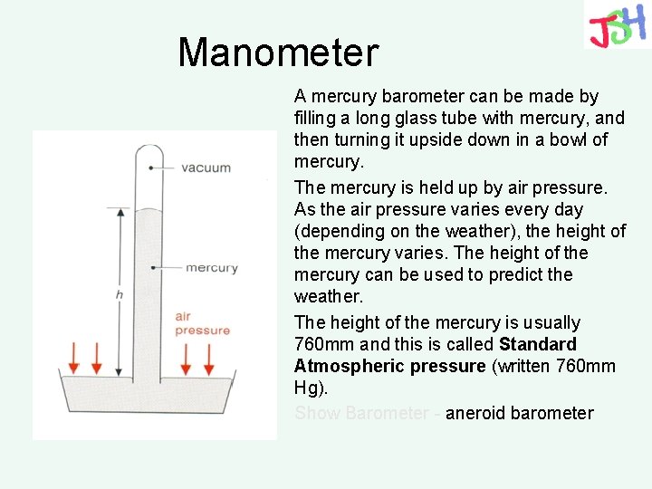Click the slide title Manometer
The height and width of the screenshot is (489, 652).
pyautogui.click(x=278, y=53)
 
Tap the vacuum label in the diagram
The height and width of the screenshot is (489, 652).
pyautogui.click(x=206, y=168)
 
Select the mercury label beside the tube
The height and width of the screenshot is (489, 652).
pyautogui.click(x=212, y=267)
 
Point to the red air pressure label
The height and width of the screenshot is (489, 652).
pyautogui.click(x=202, y=323)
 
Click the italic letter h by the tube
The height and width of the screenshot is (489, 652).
pyautogui.click(x=119, y=294)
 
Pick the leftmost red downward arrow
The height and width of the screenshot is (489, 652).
pyautogui.click(x=75, y=358)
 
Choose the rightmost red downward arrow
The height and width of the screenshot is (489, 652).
pyautogui.click(x=209, y=358)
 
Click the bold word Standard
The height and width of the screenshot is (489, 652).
pyautogui.click(x=537, y=344)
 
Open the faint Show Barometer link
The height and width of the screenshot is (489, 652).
pyautogui.click(x=361, y=413)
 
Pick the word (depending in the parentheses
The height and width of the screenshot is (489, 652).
pyautogui.click(x=337, y=231)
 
